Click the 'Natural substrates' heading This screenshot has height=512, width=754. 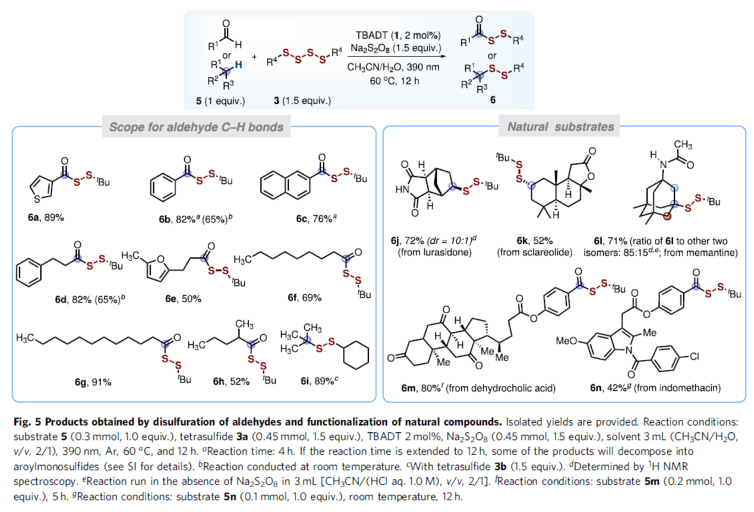(x=561, y=127)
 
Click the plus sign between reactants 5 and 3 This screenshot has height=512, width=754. (x=255, y=57)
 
